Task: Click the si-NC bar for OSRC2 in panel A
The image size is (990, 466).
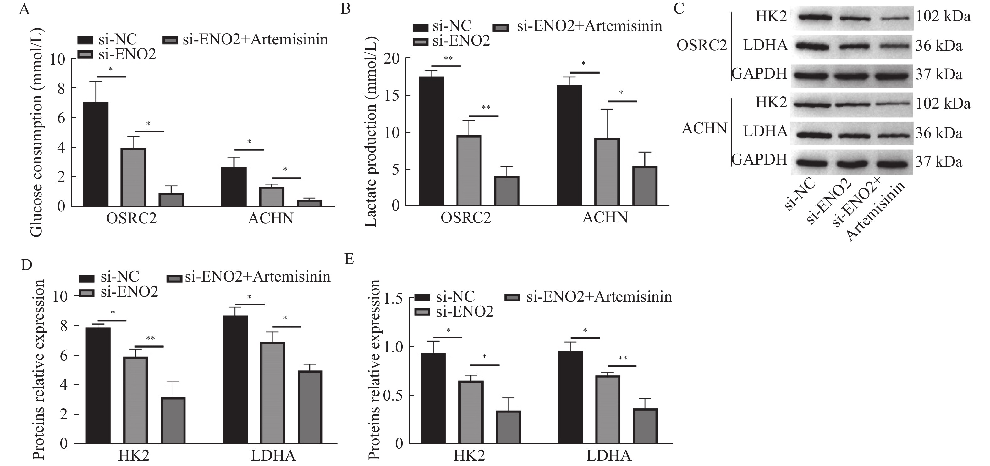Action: click(96, 154)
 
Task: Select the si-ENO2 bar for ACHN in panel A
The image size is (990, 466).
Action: click(271, 197)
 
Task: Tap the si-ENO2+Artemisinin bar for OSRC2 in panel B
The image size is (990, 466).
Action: click(507, 191)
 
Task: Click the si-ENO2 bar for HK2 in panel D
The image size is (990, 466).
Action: click(135, 400)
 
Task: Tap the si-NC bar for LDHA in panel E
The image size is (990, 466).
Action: click(570, 397)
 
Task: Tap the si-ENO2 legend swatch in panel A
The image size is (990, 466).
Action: click(85, 55)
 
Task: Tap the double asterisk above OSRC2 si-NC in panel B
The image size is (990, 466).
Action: click(448, 59)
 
